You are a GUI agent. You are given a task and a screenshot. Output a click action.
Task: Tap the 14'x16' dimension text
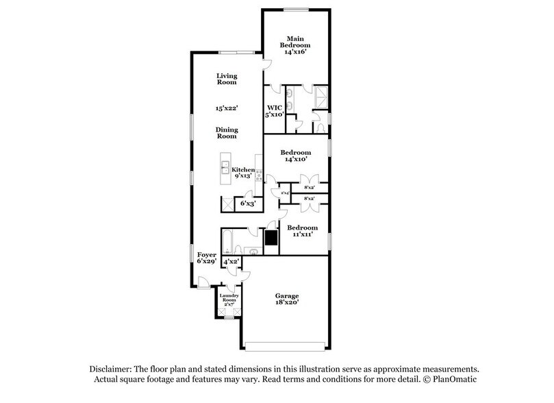click(x=296, y=52)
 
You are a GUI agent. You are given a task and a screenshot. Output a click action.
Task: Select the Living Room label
click(x=226, y=79)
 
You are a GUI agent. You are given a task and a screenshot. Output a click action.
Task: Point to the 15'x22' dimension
click(x=226, y=108)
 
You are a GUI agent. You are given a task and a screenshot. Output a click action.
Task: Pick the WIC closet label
click(x=275, y=108)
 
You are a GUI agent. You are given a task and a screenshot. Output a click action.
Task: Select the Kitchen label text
click(x=243, y=170)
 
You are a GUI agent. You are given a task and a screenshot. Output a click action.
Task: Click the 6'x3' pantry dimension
click(x=247, y=204)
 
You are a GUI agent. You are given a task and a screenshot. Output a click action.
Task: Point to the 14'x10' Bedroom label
click(x=297, y=156)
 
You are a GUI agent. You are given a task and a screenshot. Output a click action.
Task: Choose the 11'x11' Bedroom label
click(x=302, y=231)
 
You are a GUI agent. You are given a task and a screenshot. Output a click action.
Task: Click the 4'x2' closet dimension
click(x=231, y=261)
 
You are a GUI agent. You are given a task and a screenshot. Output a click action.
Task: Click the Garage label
click(x=288, y=300)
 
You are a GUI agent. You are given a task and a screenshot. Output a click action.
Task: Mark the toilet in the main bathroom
click(x=319, y=127)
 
